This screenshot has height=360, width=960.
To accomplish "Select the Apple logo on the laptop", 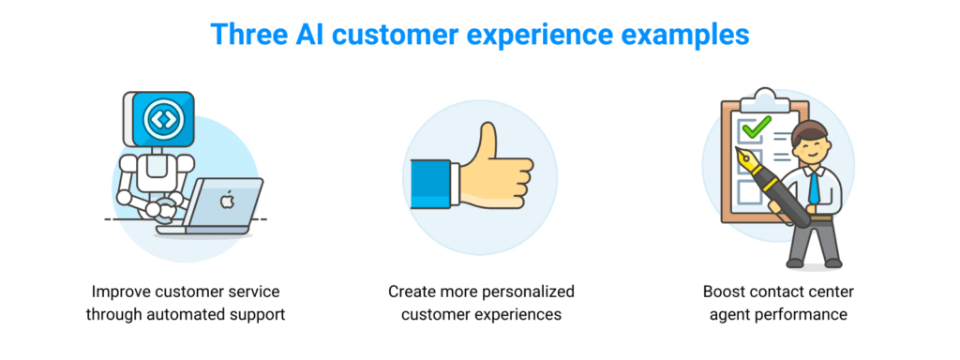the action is click(227, 201).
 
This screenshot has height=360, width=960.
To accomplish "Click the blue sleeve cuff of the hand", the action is click(430, 183).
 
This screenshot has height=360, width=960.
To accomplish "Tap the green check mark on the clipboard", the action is click(757, 127).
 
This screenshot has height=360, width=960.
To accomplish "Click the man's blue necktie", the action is click(815, 186).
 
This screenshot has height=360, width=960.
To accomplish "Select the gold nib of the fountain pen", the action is click(749, 159).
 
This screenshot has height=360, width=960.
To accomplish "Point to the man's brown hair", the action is click(809, 129).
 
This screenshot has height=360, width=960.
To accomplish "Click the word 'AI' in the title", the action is click(312, 35).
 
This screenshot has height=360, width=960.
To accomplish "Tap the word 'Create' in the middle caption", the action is click(409, 292).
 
